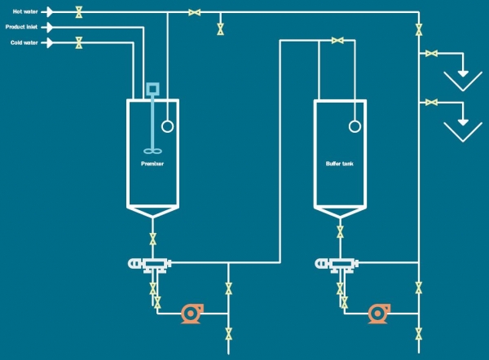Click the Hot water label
[x=23, y=11]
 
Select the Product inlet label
[x=21, y=27]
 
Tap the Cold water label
[x=24, y=42]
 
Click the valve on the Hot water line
[x=78, y=12]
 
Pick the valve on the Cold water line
[x=78, y=42]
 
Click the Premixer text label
[x=152, y=164]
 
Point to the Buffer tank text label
[x=339, y=164]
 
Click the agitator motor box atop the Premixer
[x=152, y=88]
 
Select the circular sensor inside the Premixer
[x=168, y=126]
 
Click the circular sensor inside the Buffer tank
[x=355, y=126]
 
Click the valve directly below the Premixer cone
[x=152, y=239]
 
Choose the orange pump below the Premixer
[x=192, y=313]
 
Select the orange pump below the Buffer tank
[x=378, y=313]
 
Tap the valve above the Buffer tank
[x=337, y=39]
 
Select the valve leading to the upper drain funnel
[x=431, y=55]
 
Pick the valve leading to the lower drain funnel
[x=431, y=103]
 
